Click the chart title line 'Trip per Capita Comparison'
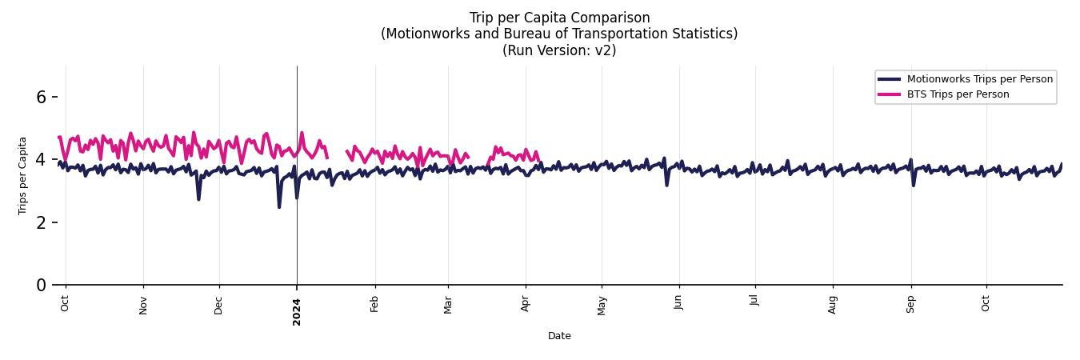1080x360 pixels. [x=559, y=18]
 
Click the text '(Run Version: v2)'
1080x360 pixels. [x=559, y=50]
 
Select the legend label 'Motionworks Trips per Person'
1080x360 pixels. [x=979, y=78]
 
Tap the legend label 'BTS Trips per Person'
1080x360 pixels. [x=958, y=94]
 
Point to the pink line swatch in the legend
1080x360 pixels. [x=889, y=94]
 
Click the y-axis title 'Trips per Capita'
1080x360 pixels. [x=22, y=175]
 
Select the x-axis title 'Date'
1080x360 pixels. [x=559, y=336]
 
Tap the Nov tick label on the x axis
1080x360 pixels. [x=143, y=305]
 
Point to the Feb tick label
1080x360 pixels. [x=374, y=304]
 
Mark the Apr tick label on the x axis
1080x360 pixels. [x=526, y=304]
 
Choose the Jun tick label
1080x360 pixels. [x=679, y=303]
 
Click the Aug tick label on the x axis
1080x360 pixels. [x=833, y=304]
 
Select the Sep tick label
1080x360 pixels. [x=910, y=304]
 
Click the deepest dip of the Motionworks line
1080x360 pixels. [x=279, y=206]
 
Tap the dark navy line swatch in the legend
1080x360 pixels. [x=889, y=78]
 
